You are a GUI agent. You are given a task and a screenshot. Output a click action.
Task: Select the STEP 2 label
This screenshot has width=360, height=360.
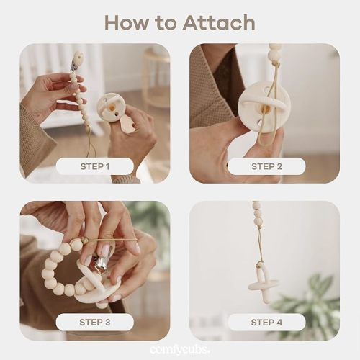[x=265, y=166]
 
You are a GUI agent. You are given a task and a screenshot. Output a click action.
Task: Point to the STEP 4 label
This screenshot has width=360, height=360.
[x=265, y=322]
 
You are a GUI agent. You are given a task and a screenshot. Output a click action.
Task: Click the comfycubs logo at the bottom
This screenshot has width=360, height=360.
[x=179, y=349]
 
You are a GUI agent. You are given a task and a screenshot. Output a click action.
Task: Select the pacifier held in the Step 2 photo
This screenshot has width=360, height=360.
[x=259, y=108]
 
